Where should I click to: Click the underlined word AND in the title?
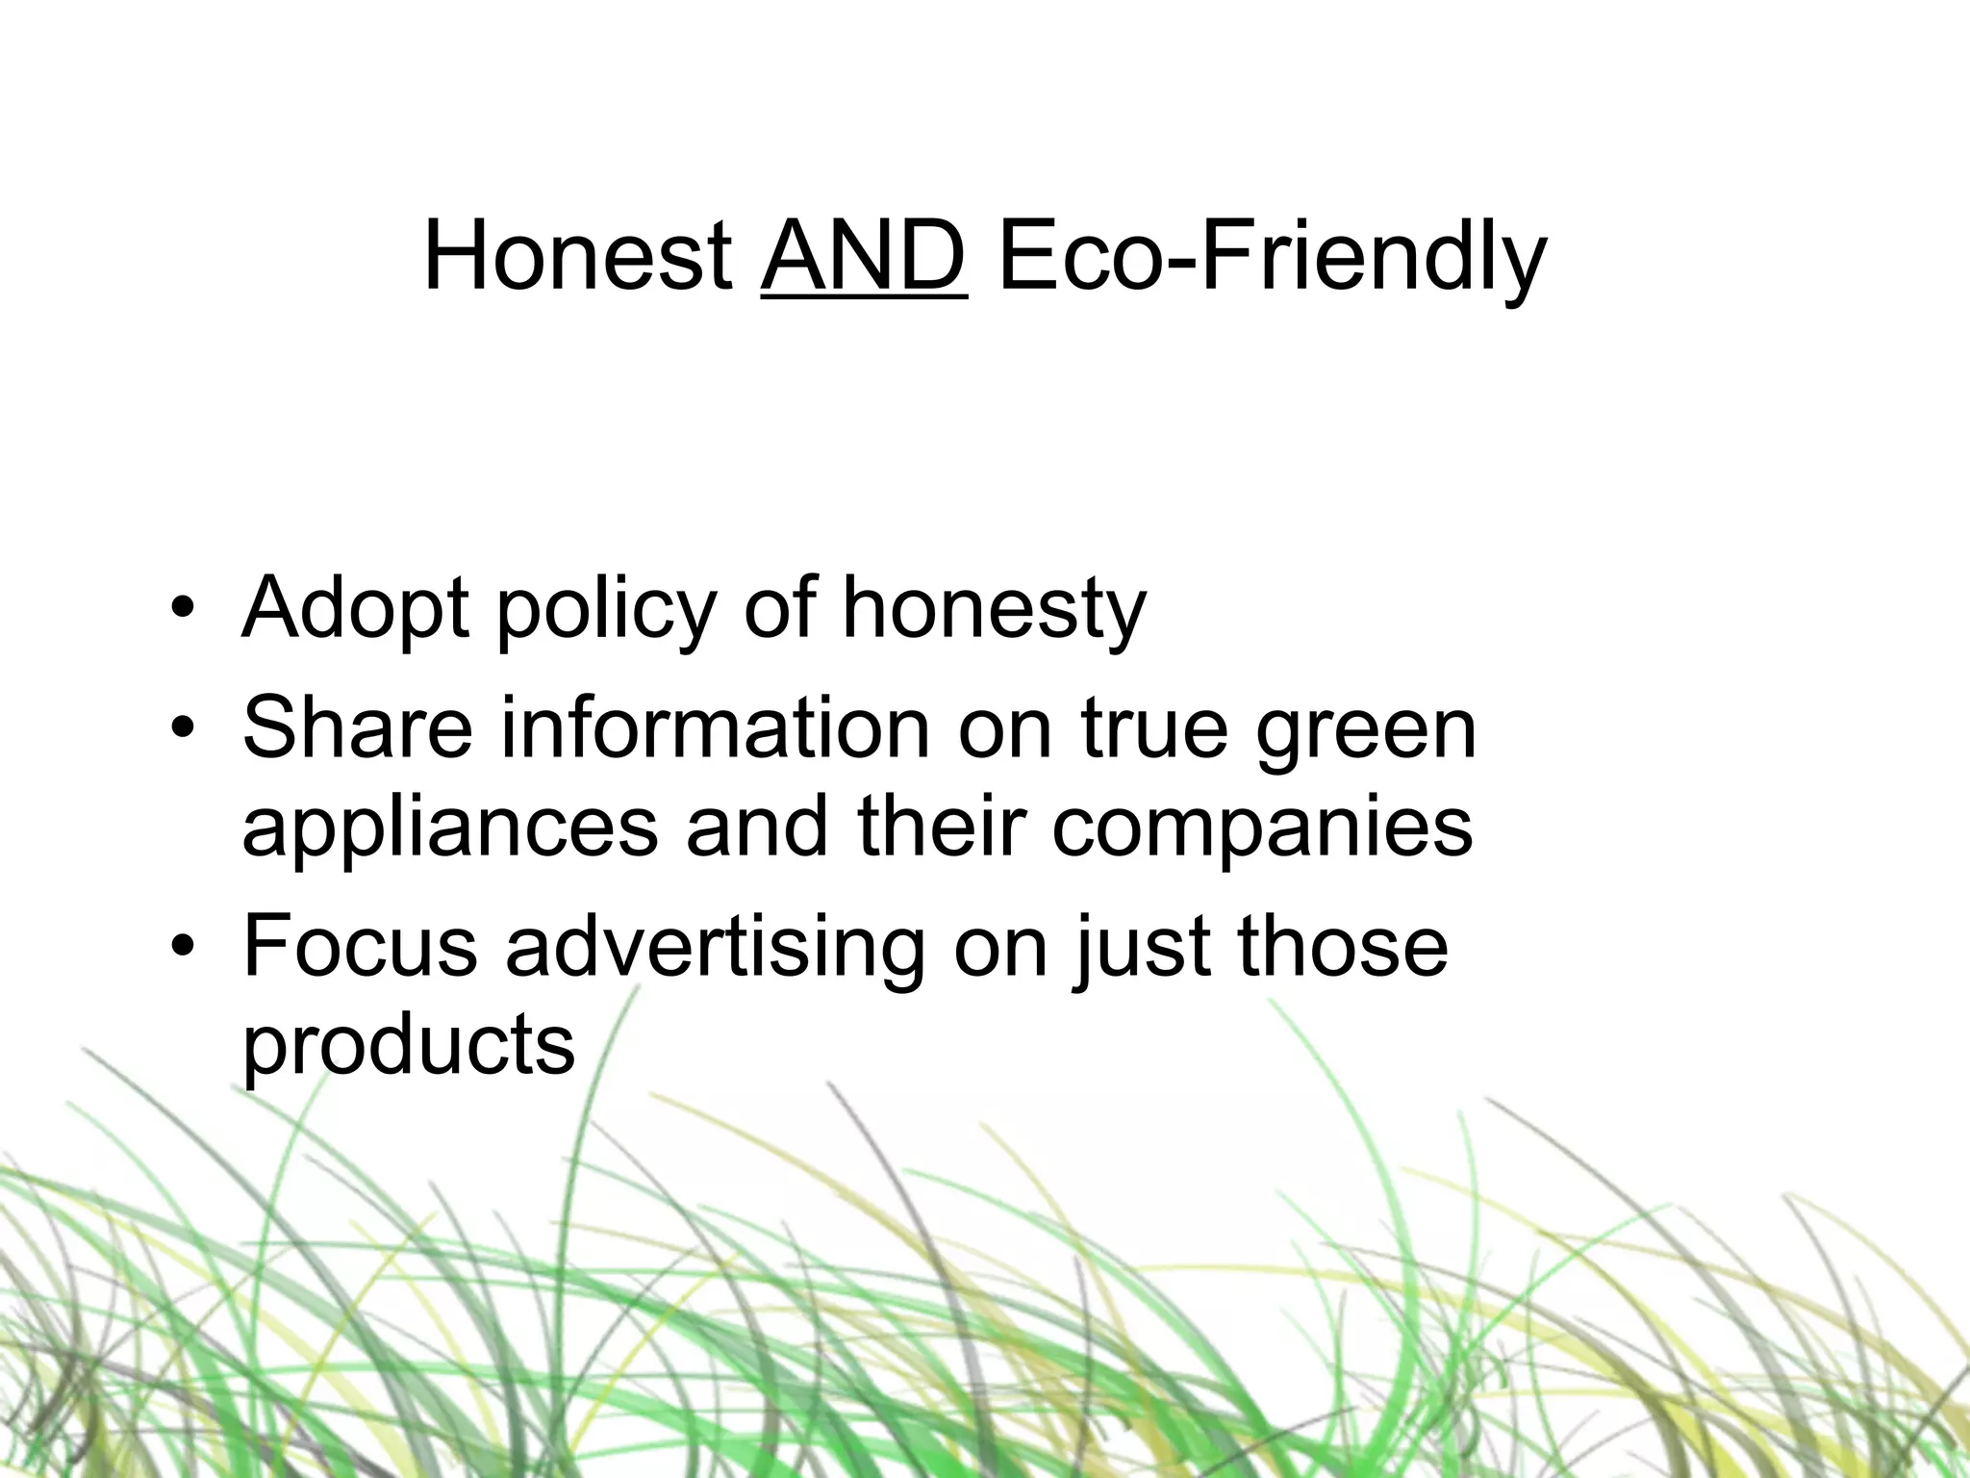pyautogui.click(x=863, y=257)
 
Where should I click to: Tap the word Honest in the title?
pyautogui.click(x=577, y=257)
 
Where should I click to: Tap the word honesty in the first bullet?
pyautogui.click(x=995, y=610)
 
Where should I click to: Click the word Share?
pyautogui.click(x=358, y=727)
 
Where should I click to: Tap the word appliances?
pyautogui.click(x=450, y=829)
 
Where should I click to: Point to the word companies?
pyautogui.click(x=1262, y=829)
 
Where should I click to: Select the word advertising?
pyautogui.click(x=714, y=947)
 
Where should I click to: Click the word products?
pyautogui.click(x=408, y=1047)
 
